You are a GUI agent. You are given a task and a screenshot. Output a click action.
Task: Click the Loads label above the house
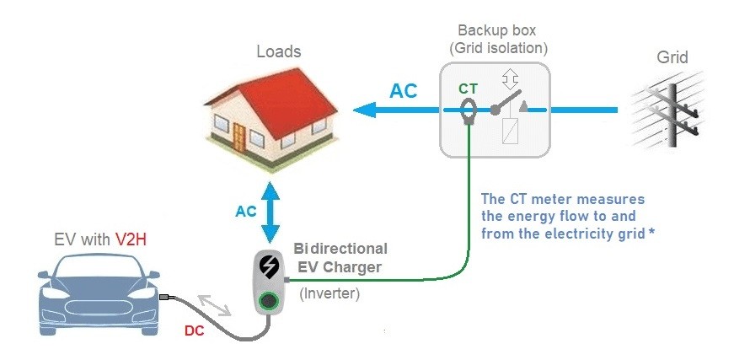tap(278, 52)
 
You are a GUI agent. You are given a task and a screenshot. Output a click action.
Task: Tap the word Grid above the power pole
tap(672, 57)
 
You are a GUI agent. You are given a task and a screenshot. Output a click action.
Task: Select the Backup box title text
tap(497, 31)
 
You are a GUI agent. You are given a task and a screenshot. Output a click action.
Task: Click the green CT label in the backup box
tap(468, 88)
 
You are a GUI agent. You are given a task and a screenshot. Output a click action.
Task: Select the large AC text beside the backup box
tap(403, 91)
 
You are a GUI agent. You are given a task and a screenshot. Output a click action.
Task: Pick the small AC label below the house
tap(246, 211)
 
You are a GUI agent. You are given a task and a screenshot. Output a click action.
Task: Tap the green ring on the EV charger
tap(269, 299)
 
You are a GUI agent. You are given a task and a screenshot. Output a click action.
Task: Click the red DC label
tap(195, 330)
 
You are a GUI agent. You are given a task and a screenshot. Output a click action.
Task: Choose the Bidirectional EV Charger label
tap(340, 258)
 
